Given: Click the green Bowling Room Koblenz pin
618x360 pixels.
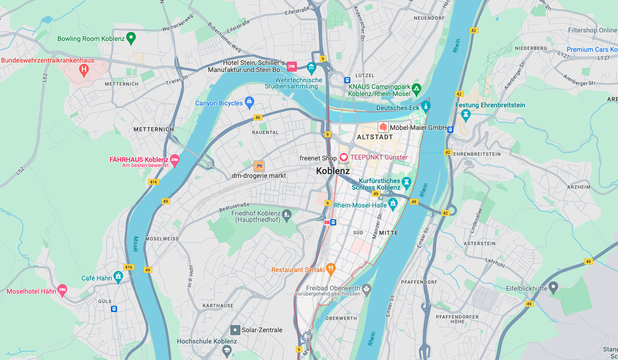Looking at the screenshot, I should (131, 38).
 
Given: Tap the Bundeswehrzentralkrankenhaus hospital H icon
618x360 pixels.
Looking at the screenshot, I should (84, 71).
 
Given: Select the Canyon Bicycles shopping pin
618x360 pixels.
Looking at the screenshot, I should (249, 102).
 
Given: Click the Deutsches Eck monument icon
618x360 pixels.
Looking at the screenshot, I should (426, 107).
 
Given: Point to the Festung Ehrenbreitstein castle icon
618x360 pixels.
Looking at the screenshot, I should (466, 114).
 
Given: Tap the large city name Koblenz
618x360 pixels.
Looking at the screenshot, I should (333, 171).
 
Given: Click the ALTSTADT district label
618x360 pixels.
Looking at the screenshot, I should (375, 137).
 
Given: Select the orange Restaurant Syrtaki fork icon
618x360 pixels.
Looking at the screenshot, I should (331, 269).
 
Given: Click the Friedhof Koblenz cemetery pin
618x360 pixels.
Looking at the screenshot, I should (286, 215).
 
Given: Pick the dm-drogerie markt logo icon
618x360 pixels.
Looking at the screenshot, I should (259, 166).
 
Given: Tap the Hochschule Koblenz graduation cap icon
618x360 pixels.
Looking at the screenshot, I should (227, 350).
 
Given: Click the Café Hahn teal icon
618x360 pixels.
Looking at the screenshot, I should (118, 277).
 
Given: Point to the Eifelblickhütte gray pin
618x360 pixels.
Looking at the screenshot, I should (554, 287).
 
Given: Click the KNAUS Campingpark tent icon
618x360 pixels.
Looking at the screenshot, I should (416, 88).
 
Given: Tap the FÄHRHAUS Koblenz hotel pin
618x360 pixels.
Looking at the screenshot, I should (174, 160).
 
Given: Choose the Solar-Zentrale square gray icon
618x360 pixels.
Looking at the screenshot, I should (235, 329).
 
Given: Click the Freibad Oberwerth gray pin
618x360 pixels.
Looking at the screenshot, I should (366, 288).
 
